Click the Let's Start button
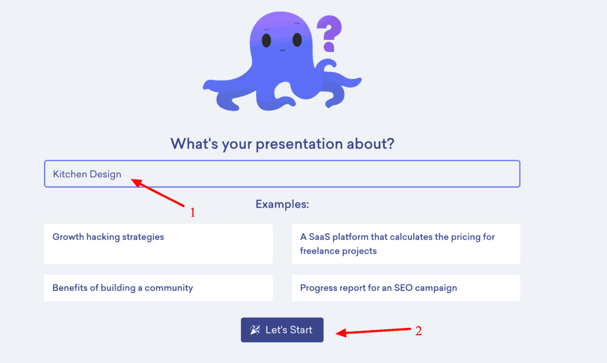[282, 330]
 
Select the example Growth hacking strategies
[158, 244]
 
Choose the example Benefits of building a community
[158, 288]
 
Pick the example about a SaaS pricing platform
[406, 244]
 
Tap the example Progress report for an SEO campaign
[406, 288]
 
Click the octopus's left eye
[266, 40]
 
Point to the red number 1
[192, 213]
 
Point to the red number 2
[418, 331]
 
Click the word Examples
[282, 204]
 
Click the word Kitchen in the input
[69, 174]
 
